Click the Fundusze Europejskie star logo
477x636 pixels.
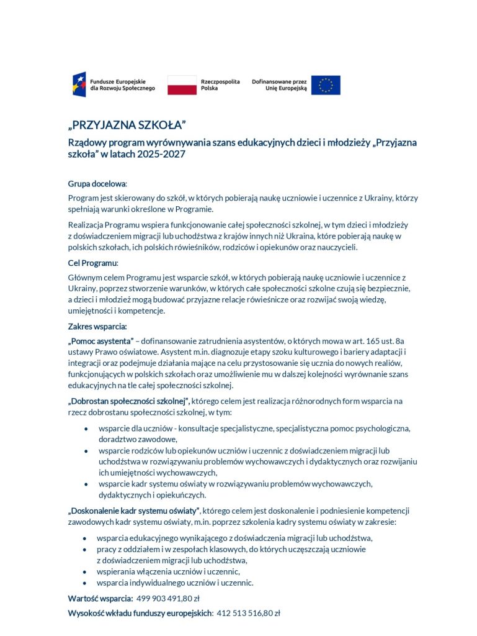[79, 84]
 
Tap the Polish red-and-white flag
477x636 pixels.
[182, 84]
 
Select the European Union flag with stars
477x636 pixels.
[326, 85]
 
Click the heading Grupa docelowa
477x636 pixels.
[97, 184]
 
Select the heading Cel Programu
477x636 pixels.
[92, 263]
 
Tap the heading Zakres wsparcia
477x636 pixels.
[97, 326]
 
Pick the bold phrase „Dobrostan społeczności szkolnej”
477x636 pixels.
[128, 401]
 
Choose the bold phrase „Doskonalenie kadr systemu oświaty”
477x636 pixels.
[133, 511]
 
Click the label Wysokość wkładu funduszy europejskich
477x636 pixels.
[140, 613]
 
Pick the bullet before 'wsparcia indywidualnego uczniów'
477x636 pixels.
[84, 583]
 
